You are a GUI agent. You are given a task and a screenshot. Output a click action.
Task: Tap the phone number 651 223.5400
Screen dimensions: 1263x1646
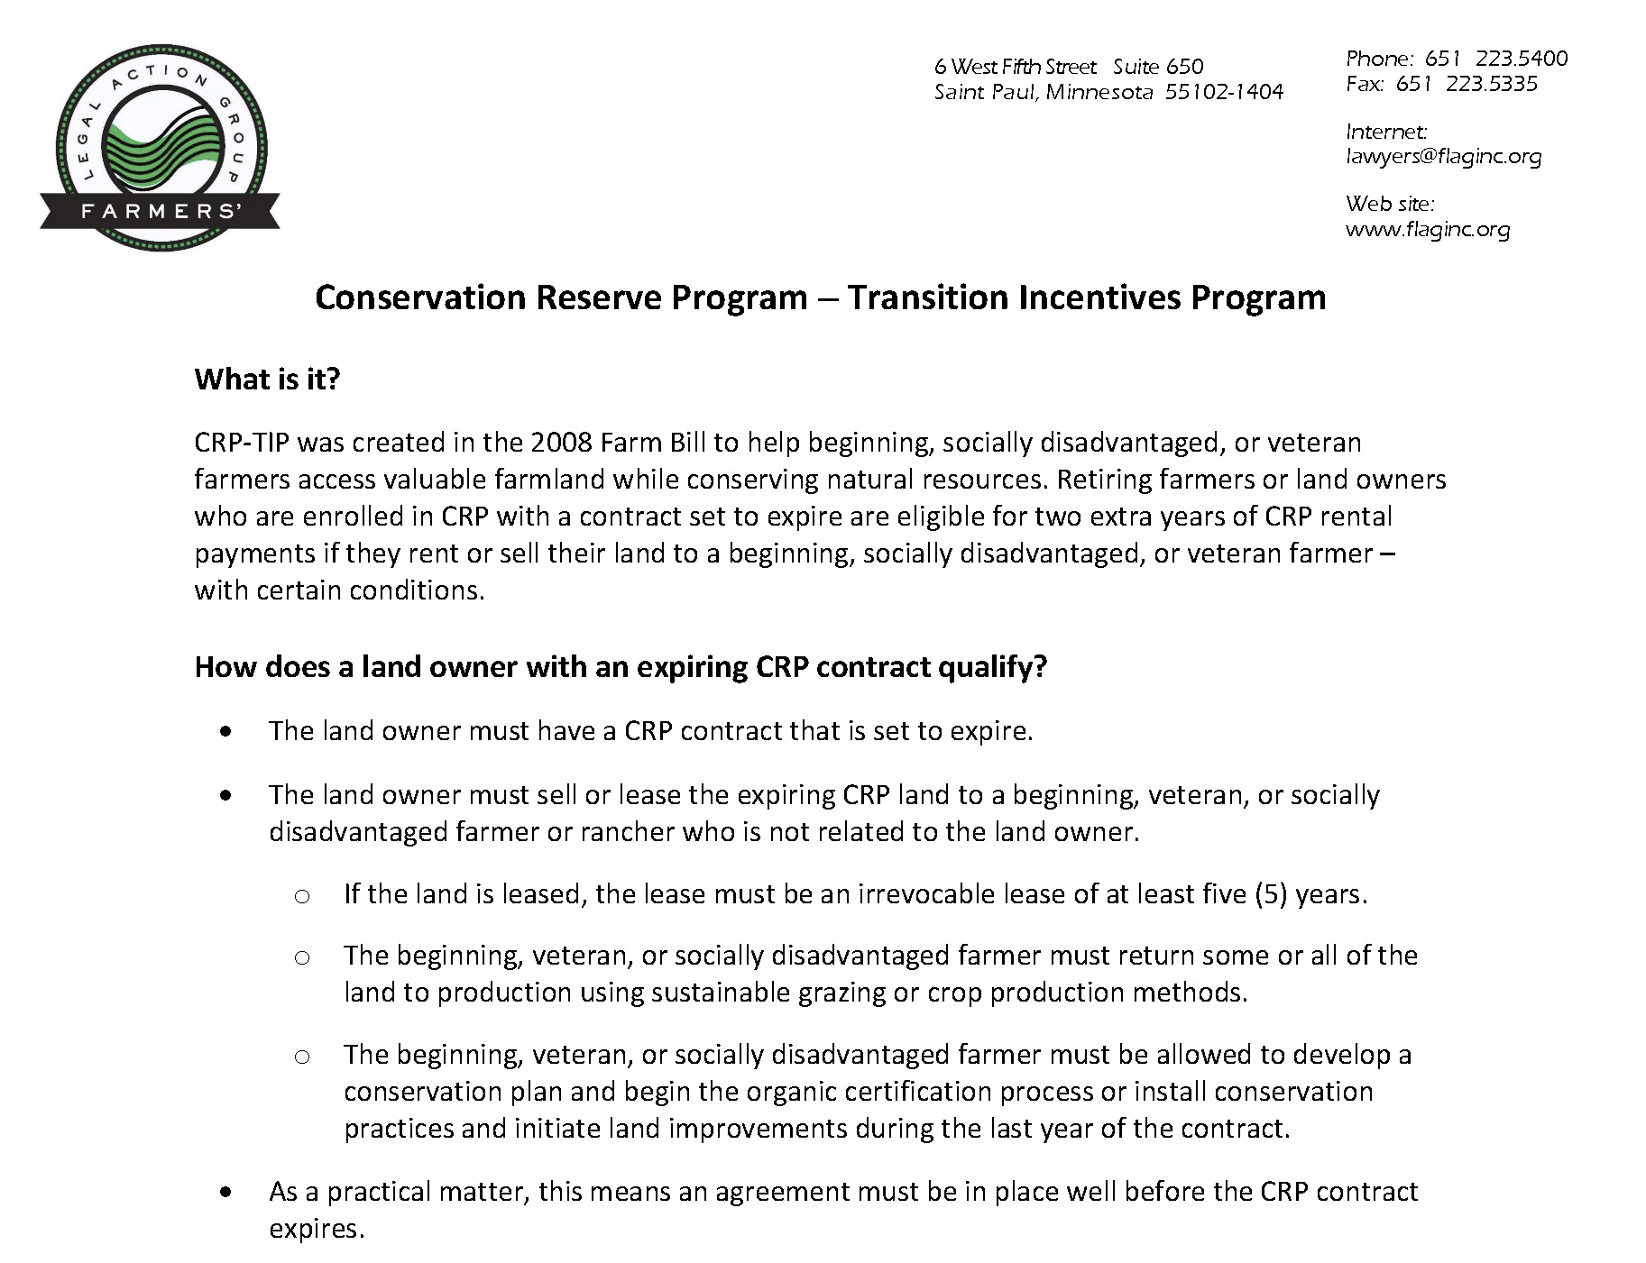click(x=1496, y=59)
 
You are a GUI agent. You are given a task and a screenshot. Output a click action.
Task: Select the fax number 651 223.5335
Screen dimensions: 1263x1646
click(x=1467, y=84)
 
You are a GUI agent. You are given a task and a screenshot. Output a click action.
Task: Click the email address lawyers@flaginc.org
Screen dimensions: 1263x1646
click(x=1443, y=156)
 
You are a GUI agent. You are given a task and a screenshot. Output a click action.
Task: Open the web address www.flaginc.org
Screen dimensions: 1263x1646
click(x=1427, y=229)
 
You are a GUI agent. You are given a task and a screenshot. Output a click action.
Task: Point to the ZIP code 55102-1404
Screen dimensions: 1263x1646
click(x=1224, y=92)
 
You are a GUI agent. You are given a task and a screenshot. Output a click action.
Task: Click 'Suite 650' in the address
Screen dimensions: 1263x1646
click(x=1158, y=66)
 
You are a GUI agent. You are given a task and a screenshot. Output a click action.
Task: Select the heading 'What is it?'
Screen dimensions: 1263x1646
click(x=267, y=379)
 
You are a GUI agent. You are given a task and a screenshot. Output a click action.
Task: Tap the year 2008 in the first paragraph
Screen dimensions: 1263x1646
click(x=562, y=443)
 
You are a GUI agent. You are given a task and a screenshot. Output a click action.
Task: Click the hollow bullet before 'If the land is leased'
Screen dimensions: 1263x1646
click(x=302, y=896)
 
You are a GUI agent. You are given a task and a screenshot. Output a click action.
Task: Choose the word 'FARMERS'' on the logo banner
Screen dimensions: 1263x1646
click(x=160, y=211)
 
